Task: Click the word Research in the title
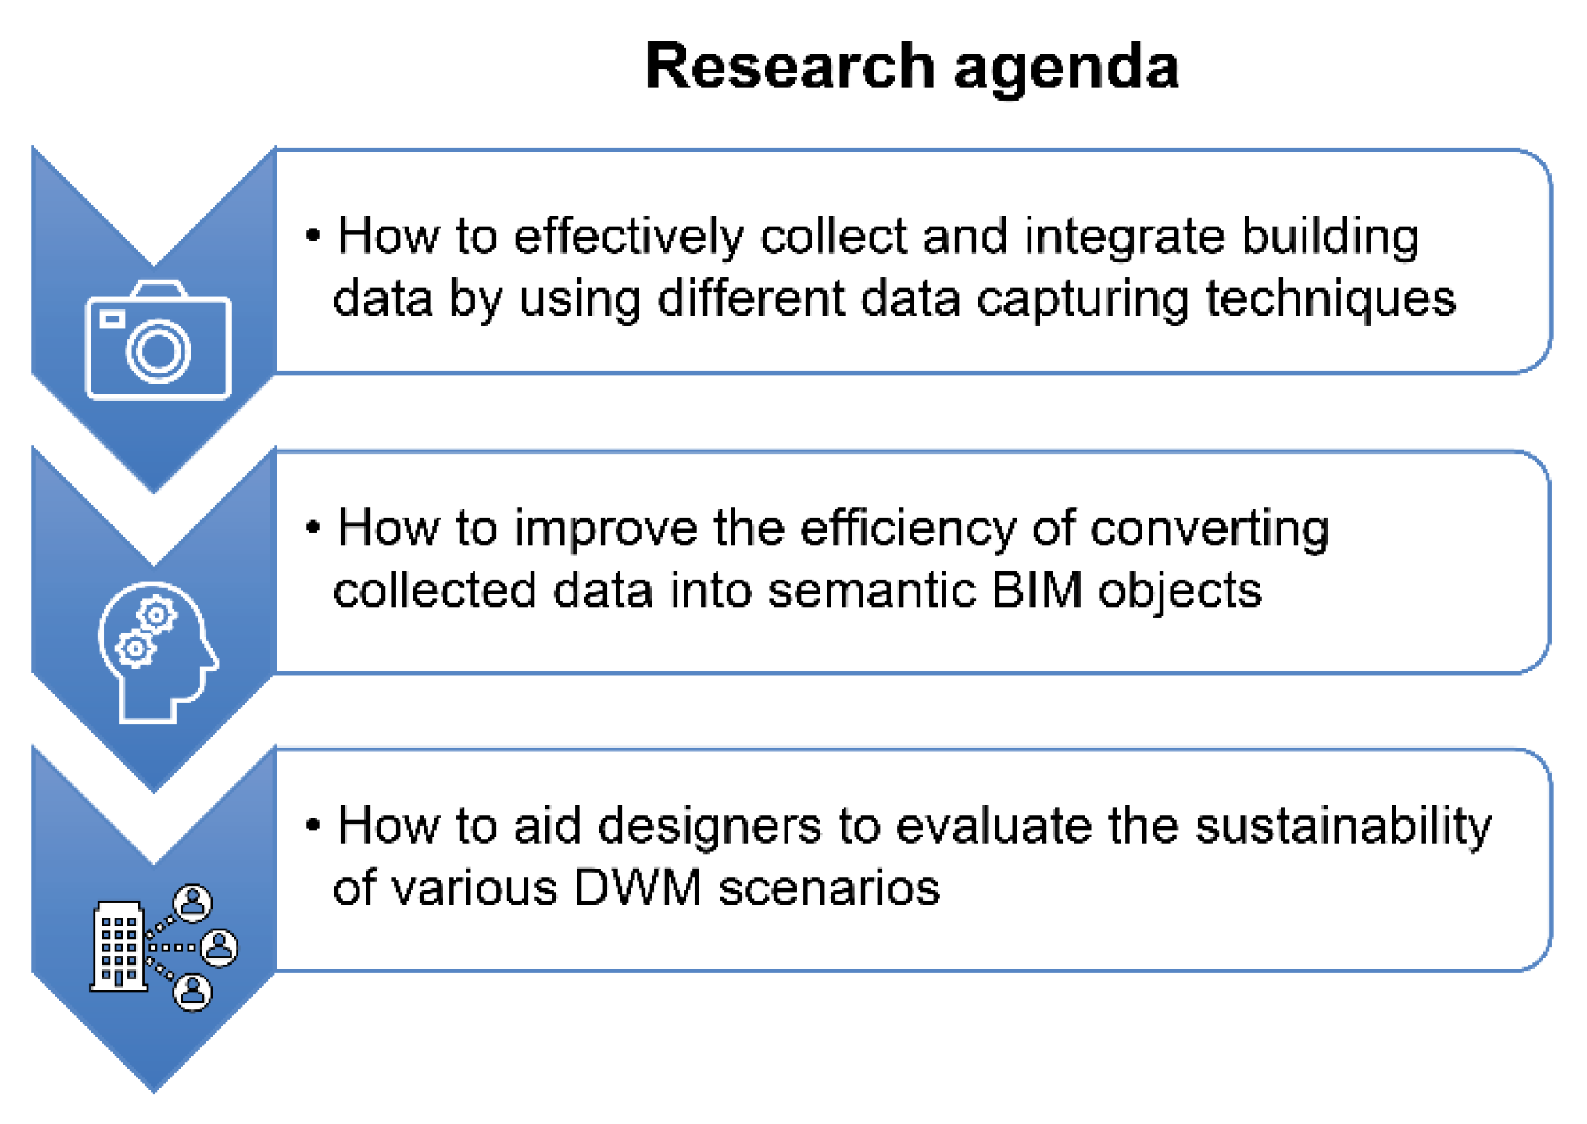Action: click(790, 66)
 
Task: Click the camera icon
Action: click(158, 340)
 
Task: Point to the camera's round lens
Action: click(159, 351)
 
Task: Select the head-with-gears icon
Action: click(158, 652)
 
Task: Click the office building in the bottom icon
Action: click(119, 946)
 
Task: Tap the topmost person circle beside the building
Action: click(192, 903)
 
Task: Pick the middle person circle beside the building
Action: click(219, 947)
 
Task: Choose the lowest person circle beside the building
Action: click(192, 992)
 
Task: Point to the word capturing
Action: click(1082, 299)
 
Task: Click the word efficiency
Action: click(907, 528)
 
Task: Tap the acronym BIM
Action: click(1038, 590)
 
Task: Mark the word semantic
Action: click(872, 590)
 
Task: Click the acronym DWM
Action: click(637, 888)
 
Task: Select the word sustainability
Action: click(1343, 826)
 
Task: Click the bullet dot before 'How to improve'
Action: click(313, 528)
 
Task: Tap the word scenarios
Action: click(829, 889)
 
